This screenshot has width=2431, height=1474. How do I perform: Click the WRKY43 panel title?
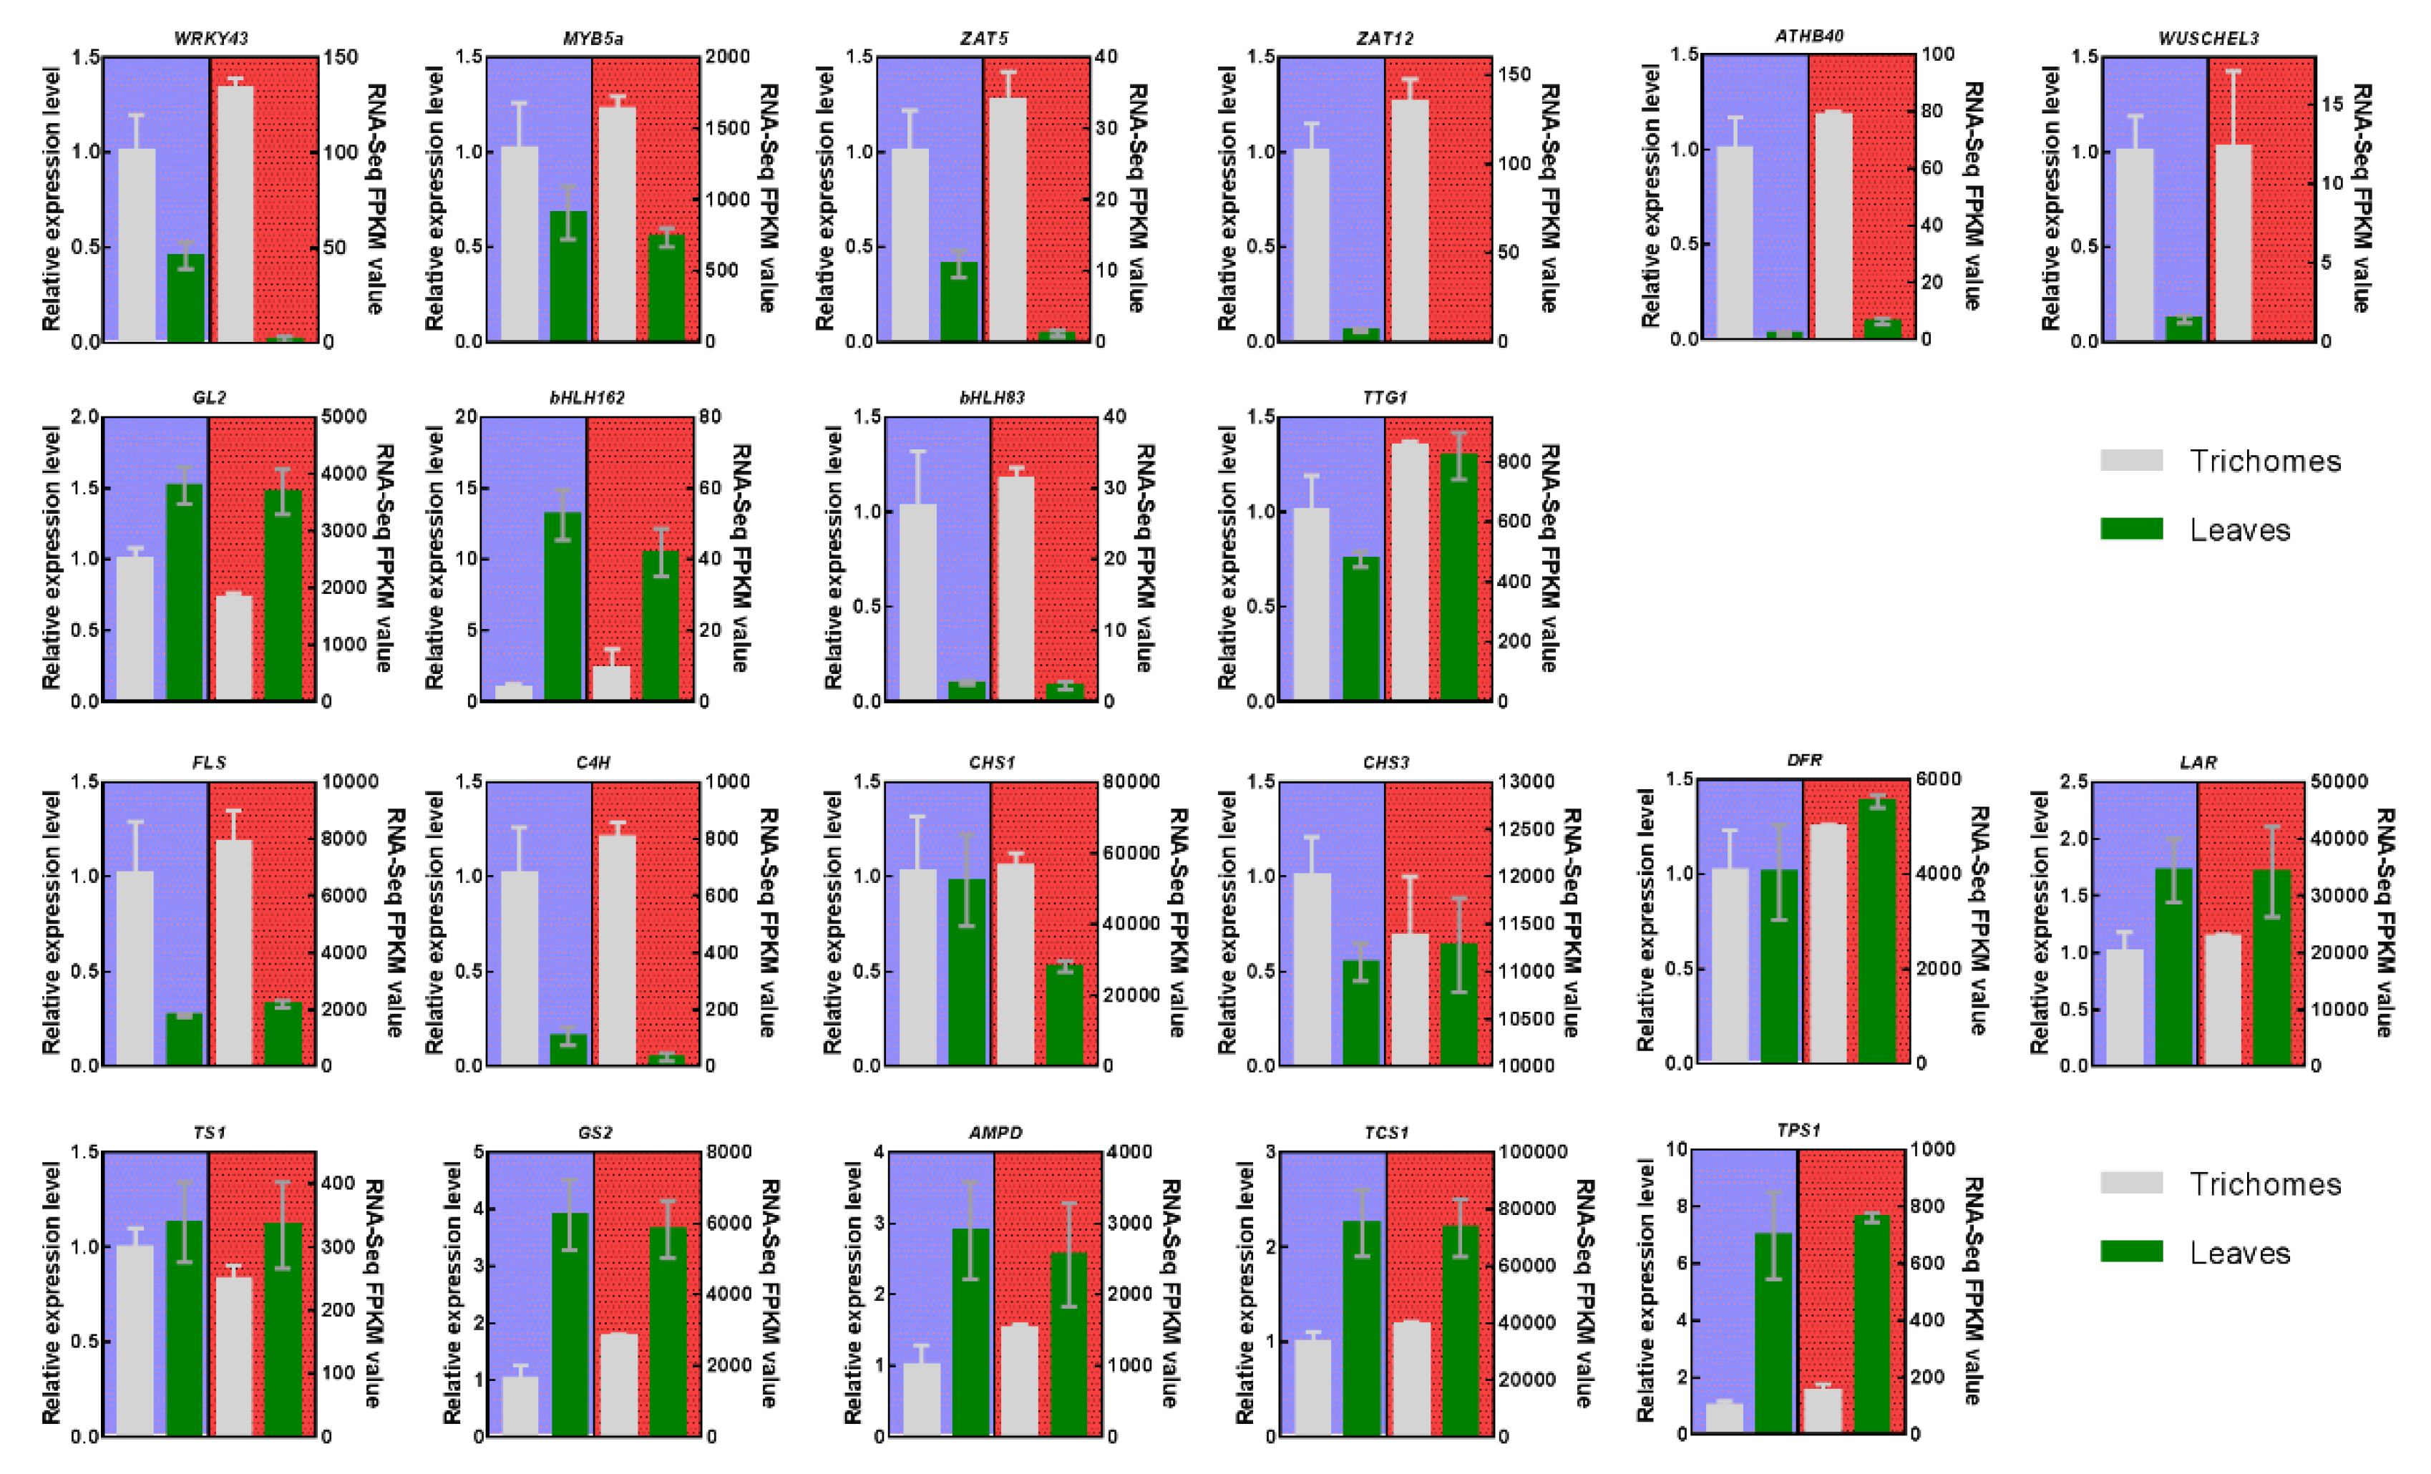210,39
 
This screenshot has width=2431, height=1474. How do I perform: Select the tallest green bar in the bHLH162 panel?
562,606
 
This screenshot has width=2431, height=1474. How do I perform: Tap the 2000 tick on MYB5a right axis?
727,57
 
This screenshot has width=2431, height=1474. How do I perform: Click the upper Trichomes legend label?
2264,461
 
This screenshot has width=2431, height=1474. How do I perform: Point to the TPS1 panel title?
1798,1130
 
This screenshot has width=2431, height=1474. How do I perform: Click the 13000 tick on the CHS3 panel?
1526,781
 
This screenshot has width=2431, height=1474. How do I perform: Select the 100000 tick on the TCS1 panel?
1532,1151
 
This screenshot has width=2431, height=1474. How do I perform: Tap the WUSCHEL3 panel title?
2208,39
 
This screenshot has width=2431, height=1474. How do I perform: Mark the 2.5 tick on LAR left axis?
2073,781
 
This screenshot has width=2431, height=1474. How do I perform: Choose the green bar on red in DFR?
1876,930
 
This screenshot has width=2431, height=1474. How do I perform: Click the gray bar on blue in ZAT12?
1311,245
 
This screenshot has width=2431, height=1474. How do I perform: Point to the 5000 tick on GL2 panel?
344,416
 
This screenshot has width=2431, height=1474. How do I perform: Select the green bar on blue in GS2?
570,1323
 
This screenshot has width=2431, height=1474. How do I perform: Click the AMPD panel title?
995,1133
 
